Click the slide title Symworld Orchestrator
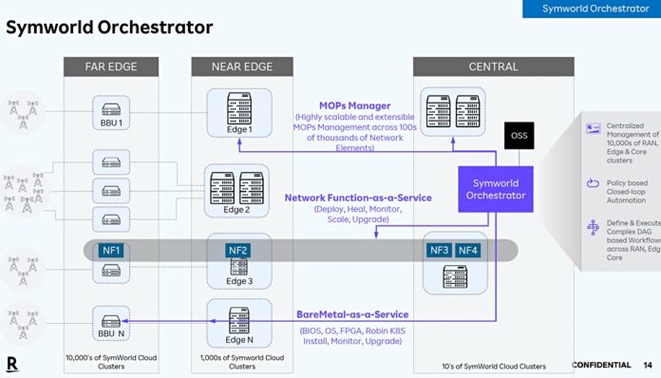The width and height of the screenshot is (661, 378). [x=109, y=27]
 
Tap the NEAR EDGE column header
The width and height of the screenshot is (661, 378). [x=231, y=66]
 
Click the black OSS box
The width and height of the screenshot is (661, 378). [x=519, y=135]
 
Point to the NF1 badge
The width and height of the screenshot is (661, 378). [x=110, y=251]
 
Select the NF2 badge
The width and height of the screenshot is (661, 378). [x=238, y=251]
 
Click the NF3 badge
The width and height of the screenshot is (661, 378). [x=440, y=251]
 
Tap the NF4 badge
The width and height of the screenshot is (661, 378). [x=469, y=251]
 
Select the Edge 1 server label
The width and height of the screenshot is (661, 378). [x=238, y=130]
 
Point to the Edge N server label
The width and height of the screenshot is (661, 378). [x=238, y=339]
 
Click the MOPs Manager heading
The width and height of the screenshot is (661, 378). [x=356, y=105]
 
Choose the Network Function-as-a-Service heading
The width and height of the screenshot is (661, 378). [x=358, y=198]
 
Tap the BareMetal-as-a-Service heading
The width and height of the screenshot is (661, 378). [x=352, y=314]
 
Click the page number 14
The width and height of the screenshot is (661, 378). [x=647, y=365]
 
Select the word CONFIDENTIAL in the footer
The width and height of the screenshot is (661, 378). [x=601, y=365]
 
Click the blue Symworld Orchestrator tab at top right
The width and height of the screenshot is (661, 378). [x=595, y=9]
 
